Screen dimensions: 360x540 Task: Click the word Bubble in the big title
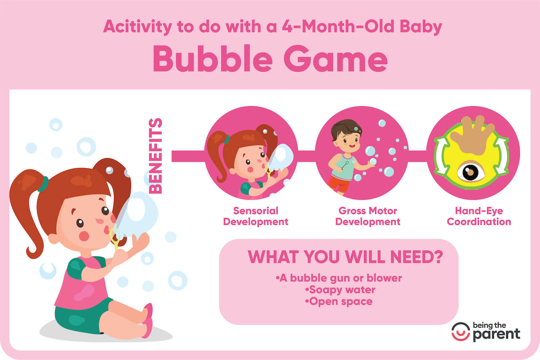click(x=212, y=59)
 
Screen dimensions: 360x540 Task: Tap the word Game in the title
click(x=336, y=59)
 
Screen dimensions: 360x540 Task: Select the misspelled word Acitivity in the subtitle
click(x=137, y=27)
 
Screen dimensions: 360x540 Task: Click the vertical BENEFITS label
click(x=156, y=156)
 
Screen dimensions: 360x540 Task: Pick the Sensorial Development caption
click(x=256, y=216)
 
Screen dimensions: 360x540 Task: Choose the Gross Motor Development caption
click(x=368, y=216)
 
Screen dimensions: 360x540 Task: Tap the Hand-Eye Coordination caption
click(x=479, y=216)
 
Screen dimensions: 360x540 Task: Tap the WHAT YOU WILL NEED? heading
click(x=345, y=257)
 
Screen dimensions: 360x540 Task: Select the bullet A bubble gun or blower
click(x=339, y=278)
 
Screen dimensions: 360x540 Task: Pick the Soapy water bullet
click(x=340, y=290)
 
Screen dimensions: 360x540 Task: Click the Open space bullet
click(x=339, y=301)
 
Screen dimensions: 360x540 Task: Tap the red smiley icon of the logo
click(x=460, y=332)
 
